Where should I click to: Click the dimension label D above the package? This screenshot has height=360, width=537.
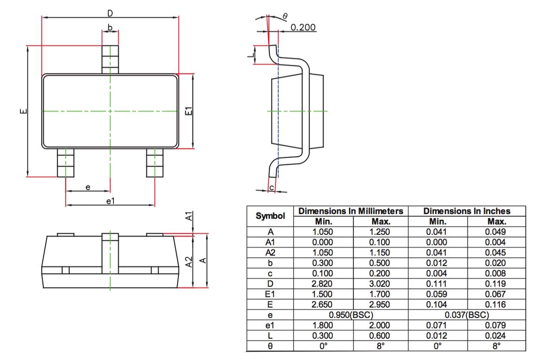click(x=110, y=13)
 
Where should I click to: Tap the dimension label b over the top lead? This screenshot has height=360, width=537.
click(x=110, y=28)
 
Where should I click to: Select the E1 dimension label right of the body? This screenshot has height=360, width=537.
click(x=188, y=111)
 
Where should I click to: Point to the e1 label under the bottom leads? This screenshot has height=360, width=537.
click(x=110, y=201)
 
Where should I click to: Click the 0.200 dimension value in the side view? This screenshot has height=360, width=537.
click(x=303, y=27)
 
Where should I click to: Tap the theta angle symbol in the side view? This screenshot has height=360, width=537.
click(x=285, y=16)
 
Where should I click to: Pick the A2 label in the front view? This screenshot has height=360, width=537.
click(x=188, y=261)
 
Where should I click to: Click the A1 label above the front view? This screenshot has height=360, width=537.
click(x=188, y=216)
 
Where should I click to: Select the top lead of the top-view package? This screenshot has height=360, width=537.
click(x=110, y=59)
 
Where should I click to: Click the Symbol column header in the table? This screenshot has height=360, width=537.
click(x=270, y=216)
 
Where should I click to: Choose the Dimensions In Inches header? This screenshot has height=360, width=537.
click(x=467, y=211)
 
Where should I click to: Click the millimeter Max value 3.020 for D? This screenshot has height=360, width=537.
click(x=379, y=283)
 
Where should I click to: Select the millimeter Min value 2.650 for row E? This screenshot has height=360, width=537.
click(x=323, y=304)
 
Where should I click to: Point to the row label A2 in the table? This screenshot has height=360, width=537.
click(x=270, y=252)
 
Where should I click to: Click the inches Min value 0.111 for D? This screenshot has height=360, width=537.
click(x=437, y=283)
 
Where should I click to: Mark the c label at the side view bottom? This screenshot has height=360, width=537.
click(x=272, y=187)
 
